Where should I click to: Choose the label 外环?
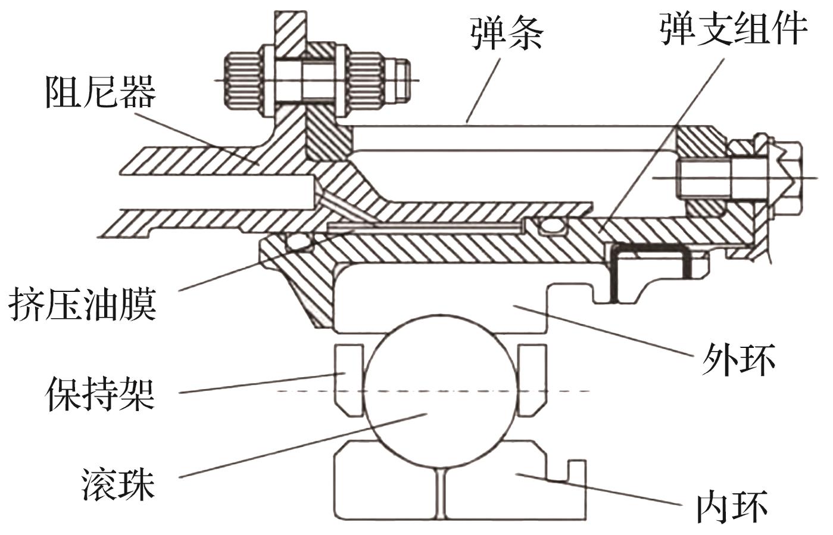tap(738, 359)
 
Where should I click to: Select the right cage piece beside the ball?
tap(532, 381)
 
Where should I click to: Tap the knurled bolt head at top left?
tap(241, 80)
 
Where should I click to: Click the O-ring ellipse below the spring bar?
tap(550, 226)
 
